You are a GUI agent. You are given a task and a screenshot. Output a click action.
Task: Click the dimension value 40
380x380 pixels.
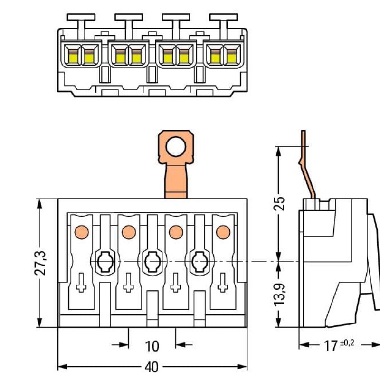(152, 368)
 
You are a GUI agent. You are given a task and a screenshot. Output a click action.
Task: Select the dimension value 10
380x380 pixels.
(152, 346)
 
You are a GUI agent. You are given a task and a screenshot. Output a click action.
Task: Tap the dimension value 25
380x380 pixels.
(280, 203)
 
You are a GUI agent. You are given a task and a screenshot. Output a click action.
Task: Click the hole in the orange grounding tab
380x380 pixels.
(176, 146)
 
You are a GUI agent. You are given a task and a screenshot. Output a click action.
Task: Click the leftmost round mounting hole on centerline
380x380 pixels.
(104, 261)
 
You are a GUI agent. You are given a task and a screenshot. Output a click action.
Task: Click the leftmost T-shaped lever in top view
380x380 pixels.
(81, 19)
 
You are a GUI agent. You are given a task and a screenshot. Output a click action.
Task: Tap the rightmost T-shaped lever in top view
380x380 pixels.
(223, 19)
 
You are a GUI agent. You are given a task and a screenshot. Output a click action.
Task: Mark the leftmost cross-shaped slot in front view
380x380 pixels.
(81, 285)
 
